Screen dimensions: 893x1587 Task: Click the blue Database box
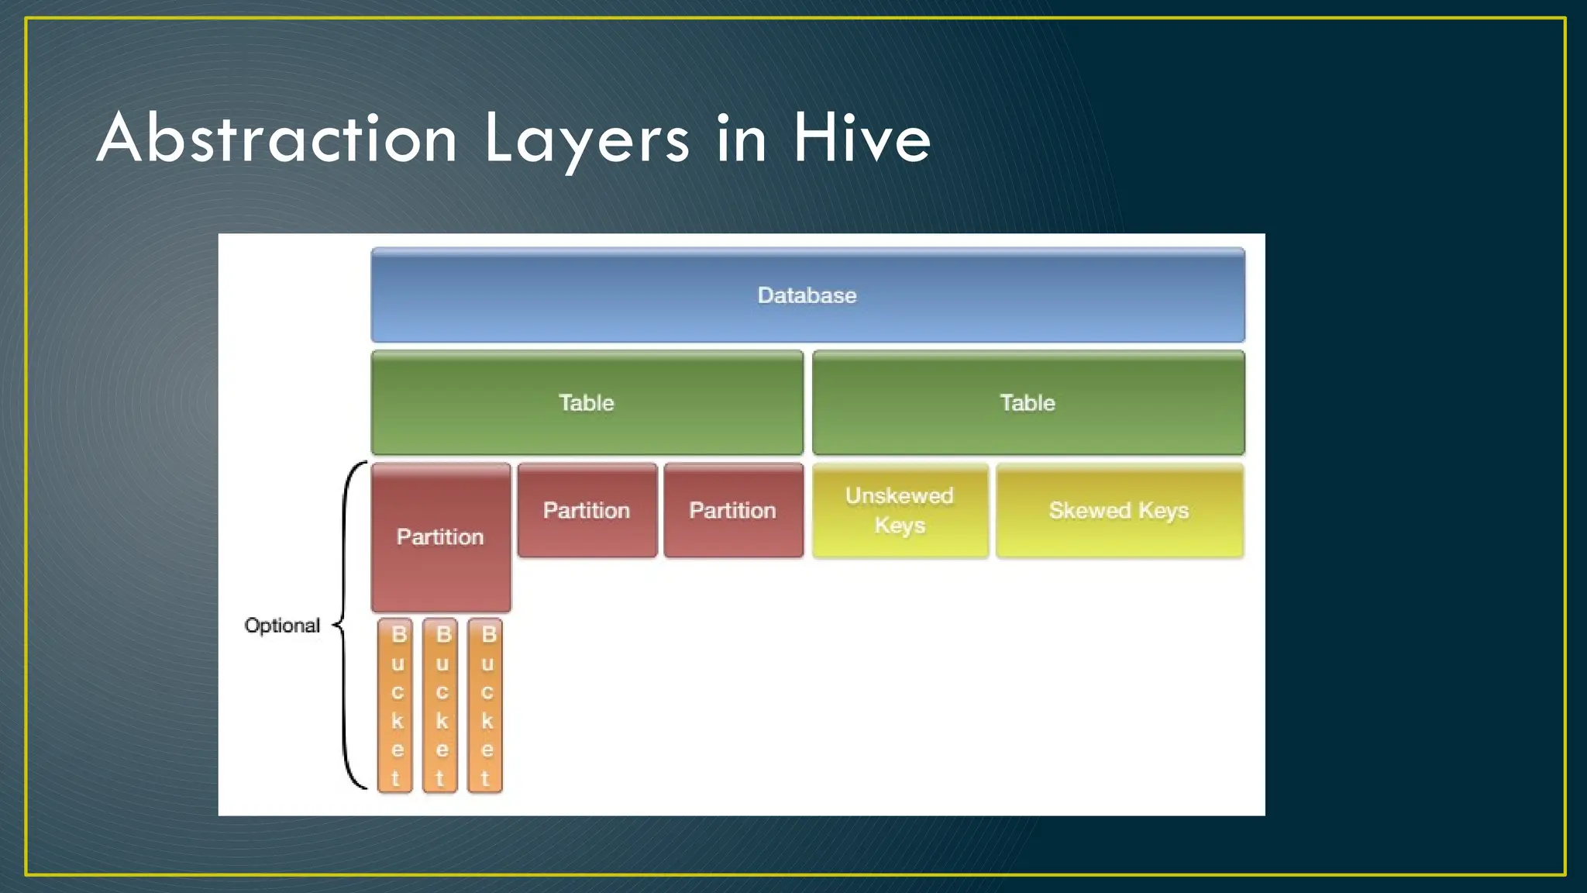[x=807, y=295]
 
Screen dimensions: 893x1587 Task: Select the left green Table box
[x=587, y=402]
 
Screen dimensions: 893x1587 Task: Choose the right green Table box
[x=1028, y=402]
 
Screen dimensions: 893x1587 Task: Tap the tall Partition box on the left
[x=440, y=536]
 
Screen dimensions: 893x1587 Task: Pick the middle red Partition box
[x=587, y=510]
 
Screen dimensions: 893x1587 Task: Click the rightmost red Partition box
[x=733, y=510]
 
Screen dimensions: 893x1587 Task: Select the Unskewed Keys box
[x=900, y=510]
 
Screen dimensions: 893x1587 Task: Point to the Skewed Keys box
[x=1119, y=510]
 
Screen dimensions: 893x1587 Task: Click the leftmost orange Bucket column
[x=396, y=705]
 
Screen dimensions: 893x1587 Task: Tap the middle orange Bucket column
[x=441, y=705]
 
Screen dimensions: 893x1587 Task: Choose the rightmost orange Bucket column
[x=486, y=705]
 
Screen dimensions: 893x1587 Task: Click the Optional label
[x=282, y=626]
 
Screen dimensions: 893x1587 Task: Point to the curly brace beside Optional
[x=346, y=625]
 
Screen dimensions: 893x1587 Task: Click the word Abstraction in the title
[x=277, y=139]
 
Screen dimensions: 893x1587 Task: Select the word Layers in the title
[x=587, y=140]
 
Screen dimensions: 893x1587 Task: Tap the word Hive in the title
[x=861, y=139]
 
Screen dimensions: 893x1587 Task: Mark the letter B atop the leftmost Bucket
[x=398, y=635]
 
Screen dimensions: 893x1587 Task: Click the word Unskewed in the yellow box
[x=899, y=496]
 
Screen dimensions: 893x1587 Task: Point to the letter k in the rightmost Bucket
[x=487, y=721]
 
